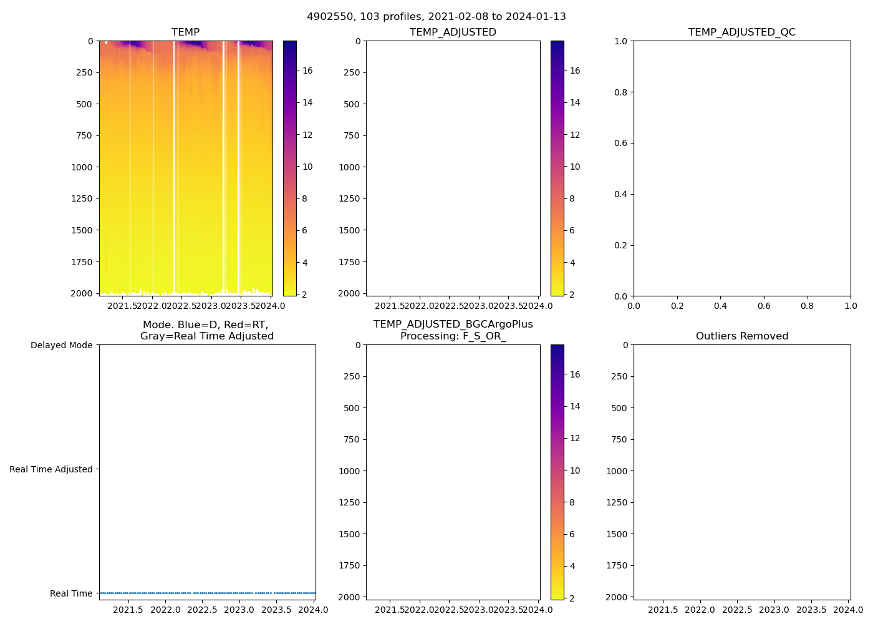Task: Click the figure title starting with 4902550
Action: coord(436,17)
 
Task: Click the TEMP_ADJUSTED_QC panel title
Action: coord(742,32)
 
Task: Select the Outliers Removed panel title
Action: coord(742,336)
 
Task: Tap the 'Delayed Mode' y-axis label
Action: coord(61,345)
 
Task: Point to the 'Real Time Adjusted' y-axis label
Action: coord(51,469)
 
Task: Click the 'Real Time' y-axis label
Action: coord(71,593)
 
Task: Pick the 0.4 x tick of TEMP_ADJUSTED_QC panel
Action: coord(720,306)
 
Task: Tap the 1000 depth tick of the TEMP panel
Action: coord(84,167)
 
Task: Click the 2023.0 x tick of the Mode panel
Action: coord(239,610)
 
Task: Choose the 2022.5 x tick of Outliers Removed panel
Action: coord(737,610)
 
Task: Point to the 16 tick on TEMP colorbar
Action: coord(307,71)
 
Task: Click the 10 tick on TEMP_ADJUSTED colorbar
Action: coord(575,167)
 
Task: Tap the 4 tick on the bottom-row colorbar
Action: coord(572,566)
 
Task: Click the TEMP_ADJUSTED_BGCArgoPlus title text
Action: coord(453,324)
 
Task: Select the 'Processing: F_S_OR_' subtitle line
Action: coord(453,336)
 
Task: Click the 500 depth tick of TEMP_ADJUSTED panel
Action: coord(352,104)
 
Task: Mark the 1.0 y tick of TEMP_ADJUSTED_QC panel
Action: coord(620,41)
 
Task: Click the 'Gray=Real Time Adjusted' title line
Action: coord(207,336)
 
